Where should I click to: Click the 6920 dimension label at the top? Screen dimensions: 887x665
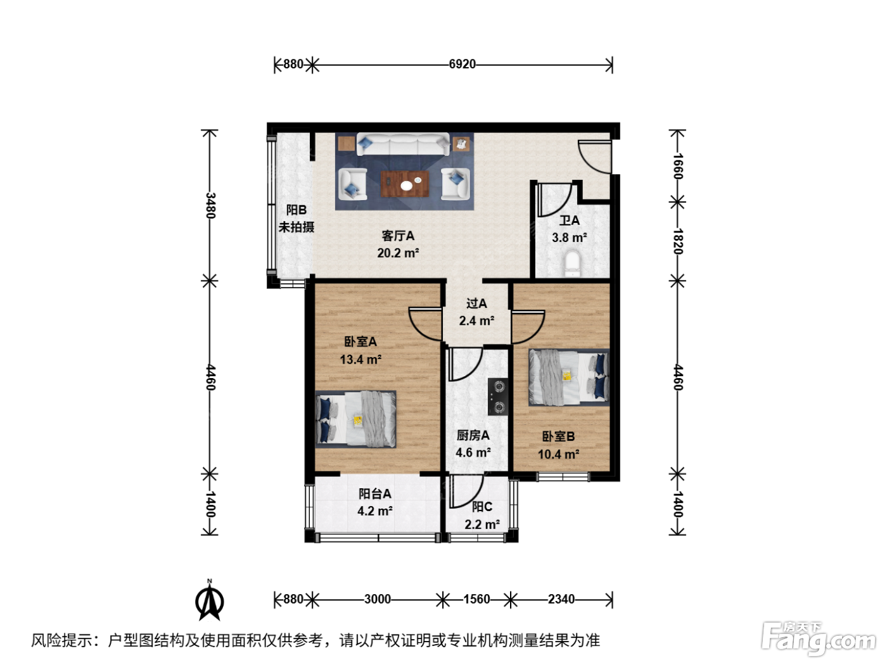click(x=463, y=64)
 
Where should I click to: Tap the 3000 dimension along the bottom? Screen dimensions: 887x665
click(x=378, y=598)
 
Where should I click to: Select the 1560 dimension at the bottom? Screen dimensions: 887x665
click(x=477, y=598)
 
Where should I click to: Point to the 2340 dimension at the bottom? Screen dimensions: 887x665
click(x=561, y=598)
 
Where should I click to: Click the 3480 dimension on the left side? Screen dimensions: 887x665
click(x=210, y=205)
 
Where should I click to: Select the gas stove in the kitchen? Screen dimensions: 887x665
click(x=498, y=397)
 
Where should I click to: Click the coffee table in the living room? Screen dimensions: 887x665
click(x=405, y=184)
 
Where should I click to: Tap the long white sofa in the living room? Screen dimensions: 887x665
click(x=403, y=144)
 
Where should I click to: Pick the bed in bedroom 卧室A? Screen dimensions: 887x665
click(x=355, y=419)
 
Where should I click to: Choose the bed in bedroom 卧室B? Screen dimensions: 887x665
click(x=569, y=377)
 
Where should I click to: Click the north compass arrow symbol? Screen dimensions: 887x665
click(x=210, y=600)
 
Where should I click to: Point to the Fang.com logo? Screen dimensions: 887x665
click(x=819, y=638)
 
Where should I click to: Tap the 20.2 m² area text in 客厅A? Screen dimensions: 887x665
click(x=398, y=253)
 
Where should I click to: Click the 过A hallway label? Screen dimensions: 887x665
click(x=476, y=303)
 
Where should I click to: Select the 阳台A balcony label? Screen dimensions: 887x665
click(x=375, y=493)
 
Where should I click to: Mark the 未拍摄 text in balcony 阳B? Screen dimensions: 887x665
click(x=297, y=227)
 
